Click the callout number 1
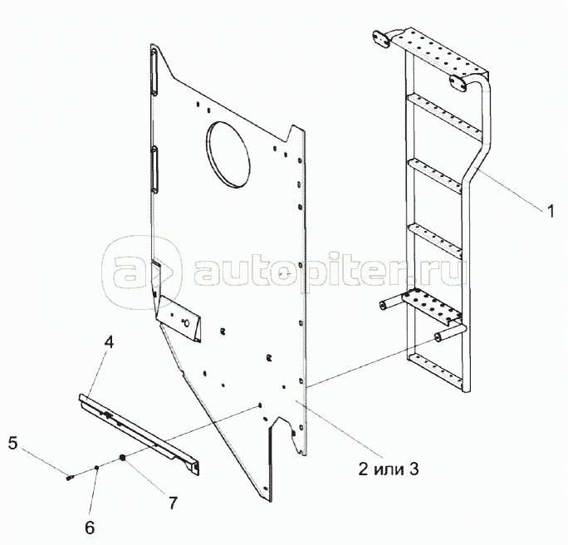(551, 211)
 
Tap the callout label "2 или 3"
(389, 469)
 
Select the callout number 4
(109, 341)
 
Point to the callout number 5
(12, 443)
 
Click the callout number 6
(90, 528)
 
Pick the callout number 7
(173, 503)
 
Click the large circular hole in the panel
(228, 154)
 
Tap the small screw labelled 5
(70, 478)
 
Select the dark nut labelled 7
(122, 458)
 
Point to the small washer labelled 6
(96, 468)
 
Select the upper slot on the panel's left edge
(154, 72)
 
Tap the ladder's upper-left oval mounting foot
(381, 39)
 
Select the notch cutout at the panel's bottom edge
(286, 435)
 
